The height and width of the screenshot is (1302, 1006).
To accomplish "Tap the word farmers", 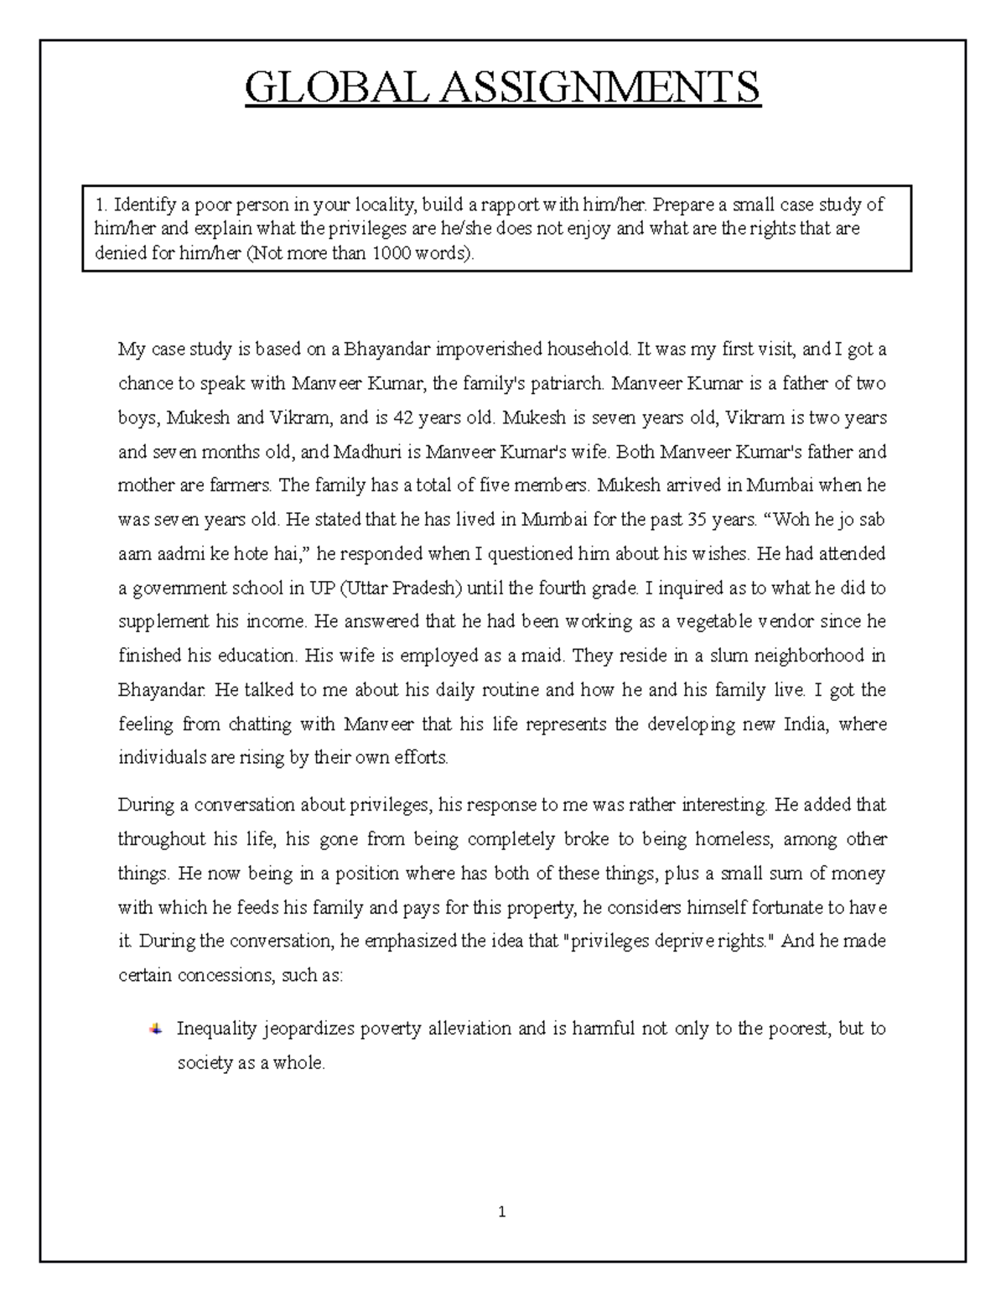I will tap(246, 485).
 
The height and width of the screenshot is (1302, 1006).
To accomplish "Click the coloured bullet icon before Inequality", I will tap(155, 1029).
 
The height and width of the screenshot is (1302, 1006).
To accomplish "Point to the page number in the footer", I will tap(501, 1211).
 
